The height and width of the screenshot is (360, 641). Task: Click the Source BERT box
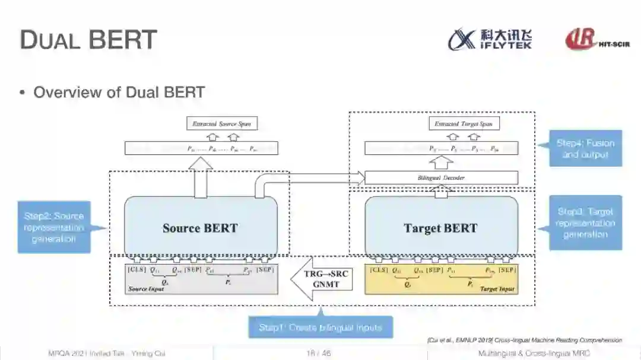click(x=200, y=228)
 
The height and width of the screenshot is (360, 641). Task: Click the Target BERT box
click(x=440, y=228)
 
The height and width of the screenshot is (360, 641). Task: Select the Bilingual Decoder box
click(x=441, y=177)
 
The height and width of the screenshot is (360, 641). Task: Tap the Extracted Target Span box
click(x=464, y=124)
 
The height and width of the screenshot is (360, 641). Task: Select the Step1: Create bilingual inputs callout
click(x=320, y=327)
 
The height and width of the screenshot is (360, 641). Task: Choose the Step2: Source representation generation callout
click(x=54, y=227)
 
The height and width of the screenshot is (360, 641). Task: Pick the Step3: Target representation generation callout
click(x=585, y=223)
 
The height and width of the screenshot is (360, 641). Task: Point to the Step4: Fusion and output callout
click(x=585, y=148)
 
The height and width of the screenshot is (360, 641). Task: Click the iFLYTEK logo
click(x=490, y=39)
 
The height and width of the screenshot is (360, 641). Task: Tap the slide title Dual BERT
click(x=88, y=40)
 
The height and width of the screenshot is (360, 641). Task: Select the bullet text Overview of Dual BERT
click(x=119, y=93)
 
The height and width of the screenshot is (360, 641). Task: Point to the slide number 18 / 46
click(x=319, y=353)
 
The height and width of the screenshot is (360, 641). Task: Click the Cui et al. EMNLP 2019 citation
click(x=524, y=340)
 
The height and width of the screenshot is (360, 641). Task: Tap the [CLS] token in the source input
click(x=137, y=270)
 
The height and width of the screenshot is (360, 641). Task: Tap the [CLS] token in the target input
click(x=379, y=270)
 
